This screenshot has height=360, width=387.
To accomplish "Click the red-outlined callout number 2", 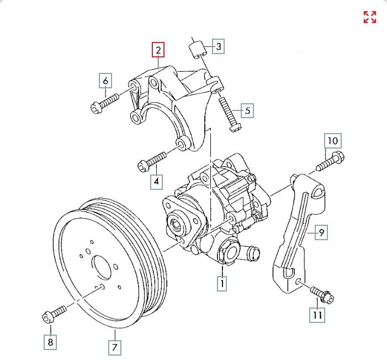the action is click(x=158, y=50).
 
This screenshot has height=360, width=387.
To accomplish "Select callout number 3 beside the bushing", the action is click(x=219, y=46).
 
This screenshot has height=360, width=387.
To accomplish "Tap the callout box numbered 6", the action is click(x=105, y=81).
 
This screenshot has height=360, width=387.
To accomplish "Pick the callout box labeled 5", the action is click(x=247, y=110).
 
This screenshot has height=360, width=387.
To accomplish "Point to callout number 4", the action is click(x=156, y=182).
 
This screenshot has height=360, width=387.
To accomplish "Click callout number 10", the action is click(x=333, y=141).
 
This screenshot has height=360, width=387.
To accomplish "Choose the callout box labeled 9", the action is click(x=321, y=232).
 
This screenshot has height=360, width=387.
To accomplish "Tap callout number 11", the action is click(x=317, y=315).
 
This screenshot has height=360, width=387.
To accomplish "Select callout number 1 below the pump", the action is click(x=222, y=283).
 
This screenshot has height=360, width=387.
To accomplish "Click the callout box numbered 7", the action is click(x=114, y=348).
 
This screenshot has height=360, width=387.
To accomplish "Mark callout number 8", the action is click(x=50, y=342).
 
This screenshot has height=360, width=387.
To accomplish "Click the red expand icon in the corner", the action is click(x=370, y=17).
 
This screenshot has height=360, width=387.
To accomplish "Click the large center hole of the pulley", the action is click(x=102, y=268).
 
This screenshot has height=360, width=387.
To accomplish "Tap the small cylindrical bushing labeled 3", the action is click(x=198, y=51).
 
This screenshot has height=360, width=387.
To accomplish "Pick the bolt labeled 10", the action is click(x=330, y=161).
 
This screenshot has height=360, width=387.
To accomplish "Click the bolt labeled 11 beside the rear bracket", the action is click(x=322, y=295).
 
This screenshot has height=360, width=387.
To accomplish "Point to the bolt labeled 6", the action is click(x=105, y=103).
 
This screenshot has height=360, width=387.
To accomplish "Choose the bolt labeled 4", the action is click(x=151, y=162).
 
